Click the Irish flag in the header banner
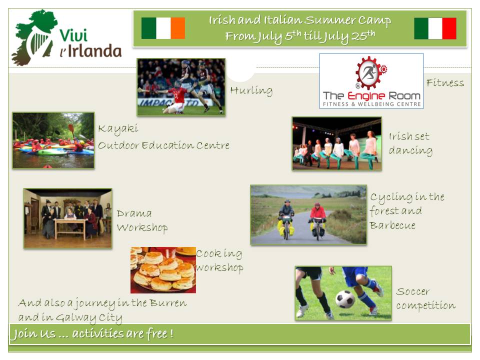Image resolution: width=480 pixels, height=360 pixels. tap(163, 28)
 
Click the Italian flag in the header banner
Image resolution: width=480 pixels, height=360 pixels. tap(435, 28)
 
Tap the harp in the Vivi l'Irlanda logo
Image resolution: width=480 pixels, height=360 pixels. tap(39, 43)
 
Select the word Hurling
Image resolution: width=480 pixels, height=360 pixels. tap(251, 90)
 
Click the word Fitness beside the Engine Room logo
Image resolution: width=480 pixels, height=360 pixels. tap(445, 82)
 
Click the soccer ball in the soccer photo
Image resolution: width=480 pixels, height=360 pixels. tap(345, 299)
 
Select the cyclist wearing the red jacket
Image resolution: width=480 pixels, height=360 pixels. tap(317, 219)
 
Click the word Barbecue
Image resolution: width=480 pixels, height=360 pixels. tap(393, 225)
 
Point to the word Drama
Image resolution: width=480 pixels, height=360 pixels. tap(134, 213)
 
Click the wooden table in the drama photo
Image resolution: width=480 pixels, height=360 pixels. tap(70, 228)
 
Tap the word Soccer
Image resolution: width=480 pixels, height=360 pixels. tap(412, 291)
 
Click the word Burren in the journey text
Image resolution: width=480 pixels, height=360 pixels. tap(168, 303)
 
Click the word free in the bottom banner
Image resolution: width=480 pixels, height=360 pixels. tap(156, 333)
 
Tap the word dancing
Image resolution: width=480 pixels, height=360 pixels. tap(410, 151)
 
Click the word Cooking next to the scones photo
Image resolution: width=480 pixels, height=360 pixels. tap(219, 254)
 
